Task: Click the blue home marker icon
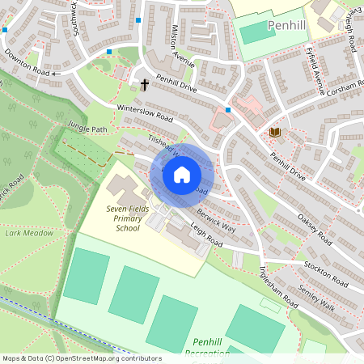click(x=182, y=174)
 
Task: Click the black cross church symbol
click(x=145, y=84)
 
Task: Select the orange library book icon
click(x=275, y=131)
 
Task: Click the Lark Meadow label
click(x=30, y=233)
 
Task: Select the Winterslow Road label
click(x=145, y=112)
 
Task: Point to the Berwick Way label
click(x=218, y=219)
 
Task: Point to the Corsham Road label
click(x=342, y=85)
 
